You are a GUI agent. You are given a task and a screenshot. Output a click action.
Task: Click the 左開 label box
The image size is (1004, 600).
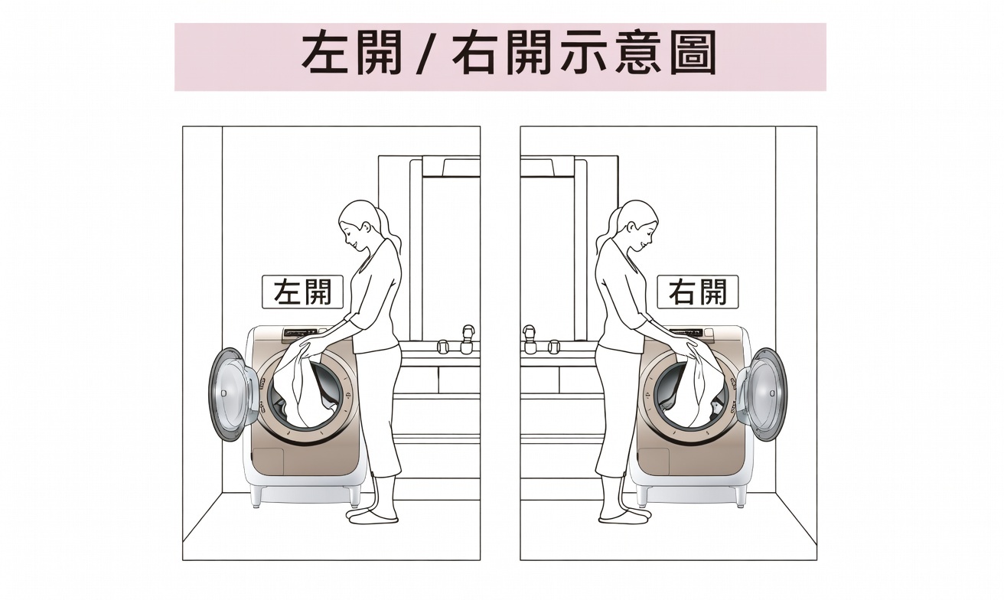point(302,292)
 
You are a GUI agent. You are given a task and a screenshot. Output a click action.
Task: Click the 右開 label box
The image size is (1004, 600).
point(698,292)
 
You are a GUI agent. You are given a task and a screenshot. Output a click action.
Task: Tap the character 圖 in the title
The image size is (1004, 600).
point(693,52)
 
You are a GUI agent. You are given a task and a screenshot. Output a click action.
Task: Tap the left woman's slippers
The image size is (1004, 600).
point(373,515)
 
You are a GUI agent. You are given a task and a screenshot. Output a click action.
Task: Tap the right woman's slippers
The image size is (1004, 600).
point(624,515)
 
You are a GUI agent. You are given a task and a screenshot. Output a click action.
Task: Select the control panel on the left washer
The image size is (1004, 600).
point(300,332)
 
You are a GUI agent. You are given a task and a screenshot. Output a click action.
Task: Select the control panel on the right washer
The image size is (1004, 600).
point(686,332)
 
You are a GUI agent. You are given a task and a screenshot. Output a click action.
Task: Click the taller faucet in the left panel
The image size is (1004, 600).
point(467,338)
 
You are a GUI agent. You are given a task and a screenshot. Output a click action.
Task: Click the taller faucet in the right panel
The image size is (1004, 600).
point(530,338)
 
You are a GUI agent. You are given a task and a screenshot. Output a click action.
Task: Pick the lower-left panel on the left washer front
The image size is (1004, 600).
point(269,461)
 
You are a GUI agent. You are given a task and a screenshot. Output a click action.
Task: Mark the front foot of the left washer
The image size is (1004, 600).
point(256,497)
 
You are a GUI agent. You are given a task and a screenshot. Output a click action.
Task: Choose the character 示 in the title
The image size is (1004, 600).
point(583,52)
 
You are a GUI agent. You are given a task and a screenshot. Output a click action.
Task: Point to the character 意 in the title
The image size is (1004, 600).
point(637,52)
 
